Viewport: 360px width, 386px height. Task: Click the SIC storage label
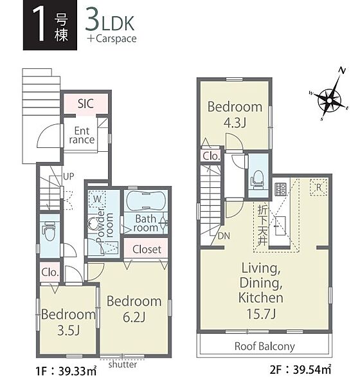click(x=85, y=104)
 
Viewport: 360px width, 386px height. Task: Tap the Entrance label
click(x=82, y=135)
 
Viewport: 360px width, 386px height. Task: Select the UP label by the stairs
click(x=68, y=176)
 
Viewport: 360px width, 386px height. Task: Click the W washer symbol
click(x=97, y=198)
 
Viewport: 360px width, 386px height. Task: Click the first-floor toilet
click(x=50, y=231)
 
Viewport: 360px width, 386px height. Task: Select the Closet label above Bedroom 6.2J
click(x=147, y=250)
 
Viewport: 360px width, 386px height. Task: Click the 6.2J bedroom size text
click(x=134, y=317)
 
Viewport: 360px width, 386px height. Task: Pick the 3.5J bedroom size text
click(x=68, y=331)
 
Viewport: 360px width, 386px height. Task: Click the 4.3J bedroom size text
click(x=235, y=122)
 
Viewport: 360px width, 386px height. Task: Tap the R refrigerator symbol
click(x=318, y=187)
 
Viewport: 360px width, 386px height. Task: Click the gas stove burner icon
click(x=280, y=189)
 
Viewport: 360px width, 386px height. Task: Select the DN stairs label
click(x=224, y=236)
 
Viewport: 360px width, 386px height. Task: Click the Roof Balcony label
click(x=264, y=346)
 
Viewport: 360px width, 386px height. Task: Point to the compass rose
click(x=329, y=100)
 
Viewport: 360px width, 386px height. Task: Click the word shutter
click(x=123, y=364)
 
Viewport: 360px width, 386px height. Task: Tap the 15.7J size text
click(x=261, y=314)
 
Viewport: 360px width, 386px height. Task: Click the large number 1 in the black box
click(x=39, y=24)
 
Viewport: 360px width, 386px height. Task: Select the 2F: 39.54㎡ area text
click(x=300, y=369)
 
